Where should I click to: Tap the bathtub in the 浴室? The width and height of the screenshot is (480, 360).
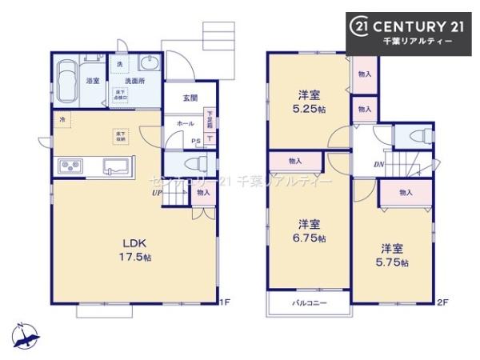click(69, 80)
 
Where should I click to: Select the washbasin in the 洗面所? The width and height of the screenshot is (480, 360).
click(148, 65)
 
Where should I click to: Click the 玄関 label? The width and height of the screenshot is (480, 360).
click(190, 98)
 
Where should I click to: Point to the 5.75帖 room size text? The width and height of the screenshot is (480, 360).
click(393, 262)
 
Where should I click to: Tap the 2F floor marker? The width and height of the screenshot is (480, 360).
click(443, 302)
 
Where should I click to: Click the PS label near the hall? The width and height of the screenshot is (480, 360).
click(196, 142)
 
